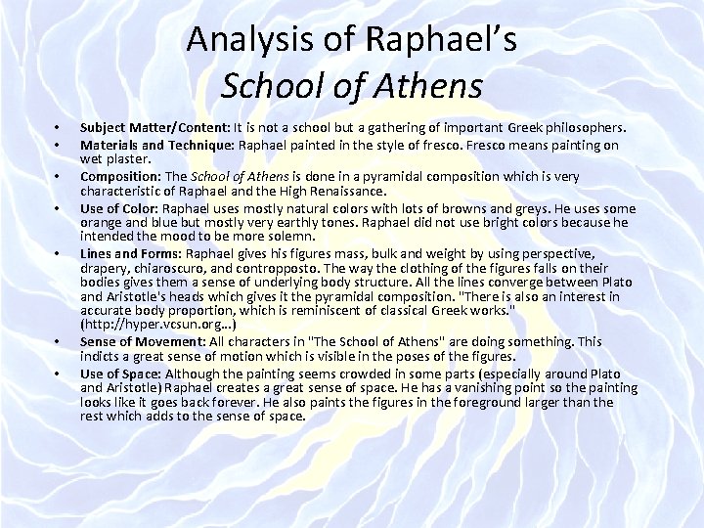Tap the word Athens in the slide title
click(x=426, y=85)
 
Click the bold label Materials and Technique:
click(x=160, y=146)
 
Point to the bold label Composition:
click(x=120, y=177)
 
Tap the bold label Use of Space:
click(x=122, y=374)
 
